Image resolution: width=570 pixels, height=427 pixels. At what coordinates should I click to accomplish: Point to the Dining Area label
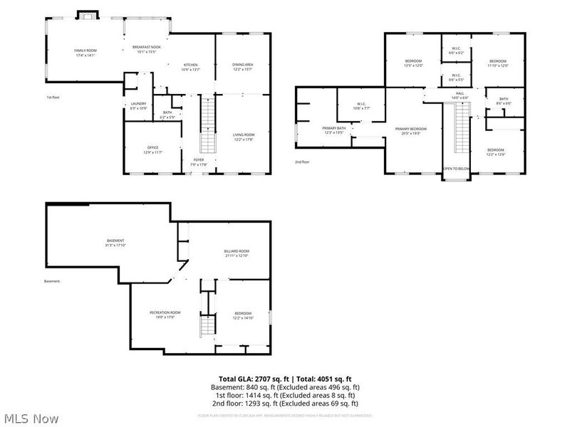(x=243, y=67)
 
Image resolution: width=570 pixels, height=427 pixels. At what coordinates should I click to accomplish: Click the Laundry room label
(x=138, y=106)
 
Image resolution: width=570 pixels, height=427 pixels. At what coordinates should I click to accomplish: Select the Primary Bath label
(x=333, y=130)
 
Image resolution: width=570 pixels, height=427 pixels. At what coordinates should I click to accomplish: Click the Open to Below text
(x=457, y=169)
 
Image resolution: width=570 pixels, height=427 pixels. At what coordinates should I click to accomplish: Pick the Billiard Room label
(x=237, y=253)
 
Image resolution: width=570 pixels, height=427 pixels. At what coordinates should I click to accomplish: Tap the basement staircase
(x=207, y=326)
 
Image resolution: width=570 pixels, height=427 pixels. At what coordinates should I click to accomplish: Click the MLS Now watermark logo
(x=31, y=418)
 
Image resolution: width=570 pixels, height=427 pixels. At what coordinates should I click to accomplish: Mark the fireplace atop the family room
(x=86, y=15)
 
